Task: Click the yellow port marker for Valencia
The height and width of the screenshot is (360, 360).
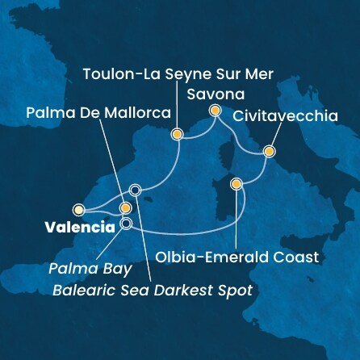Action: (x=78, y=207)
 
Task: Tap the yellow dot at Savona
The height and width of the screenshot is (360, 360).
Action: (x=215, y=111)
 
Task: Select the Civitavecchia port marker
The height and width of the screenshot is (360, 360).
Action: (x=269, y=151)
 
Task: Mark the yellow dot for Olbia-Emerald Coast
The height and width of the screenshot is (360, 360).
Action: (x=237, y=184)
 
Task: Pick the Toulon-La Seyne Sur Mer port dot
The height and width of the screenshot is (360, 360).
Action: (x=176, y=135)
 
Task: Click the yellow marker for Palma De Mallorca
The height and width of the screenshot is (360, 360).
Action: (x=125, y=208)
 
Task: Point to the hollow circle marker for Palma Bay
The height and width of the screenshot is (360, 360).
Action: (x=126, y=224)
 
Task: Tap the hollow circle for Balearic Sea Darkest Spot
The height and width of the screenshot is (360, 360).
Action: (x=135, y=191)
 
